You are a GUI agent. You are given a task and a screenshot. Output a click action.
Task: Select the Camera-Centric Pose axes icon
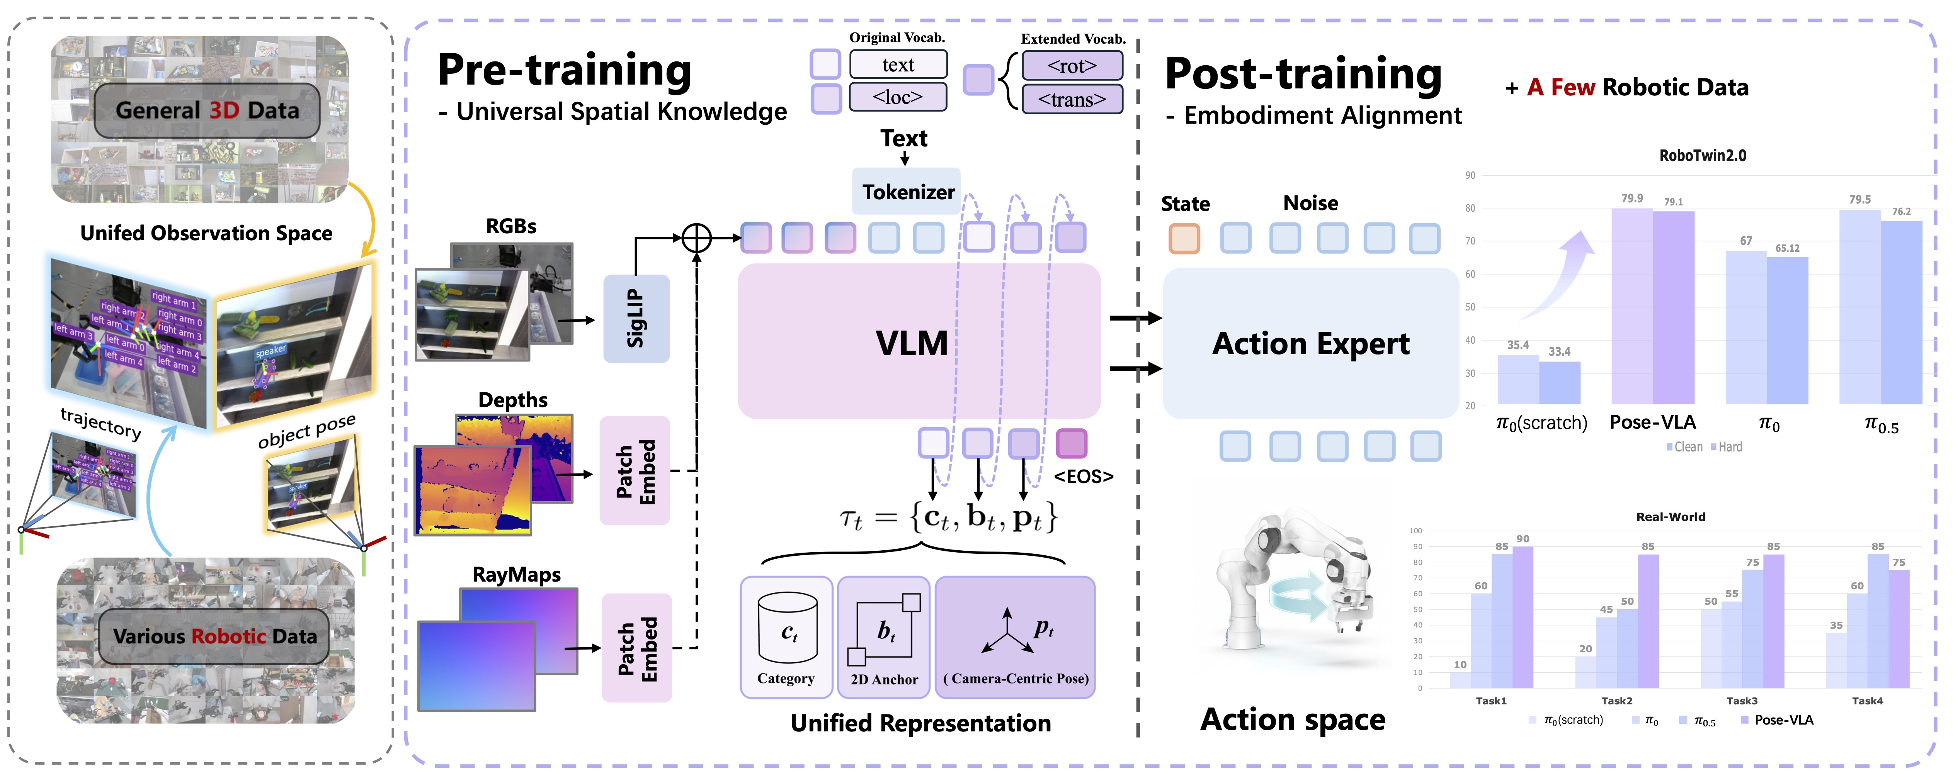(x=1006, y=631)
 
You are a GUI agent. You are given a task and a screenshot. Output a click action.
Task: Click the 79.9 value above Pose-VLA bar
(x=1631, y=198)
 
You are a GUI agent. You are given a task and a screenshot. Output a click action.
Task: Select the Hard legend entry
(x=1728, y=447)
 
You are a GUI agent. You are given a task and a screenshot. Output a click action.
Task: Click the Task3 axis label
(x=1742, y=701)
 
